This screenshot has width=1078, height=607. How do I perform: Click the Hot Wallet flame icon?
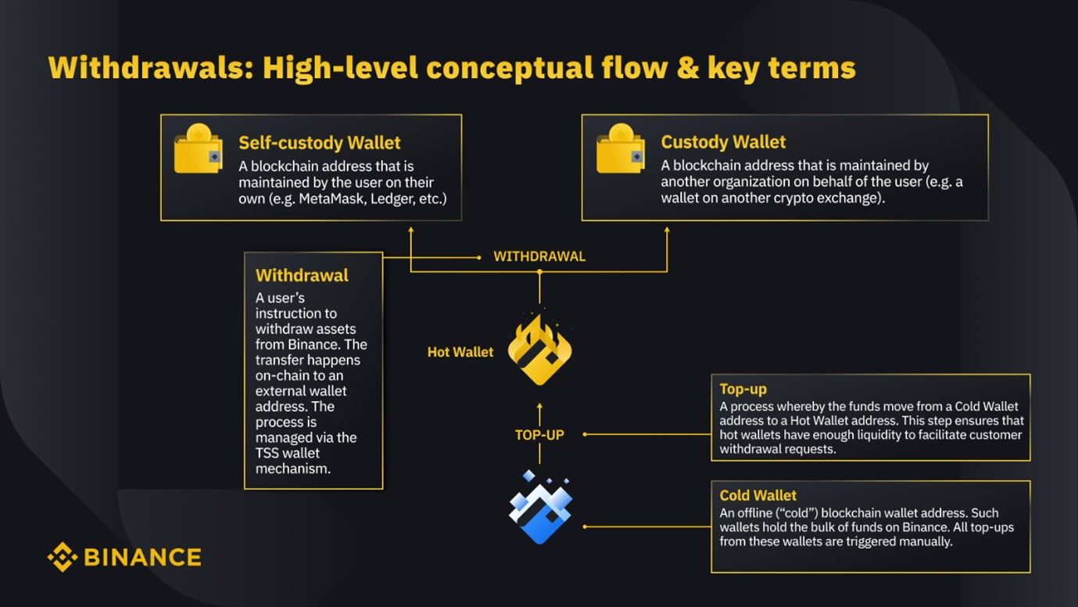point(539,350)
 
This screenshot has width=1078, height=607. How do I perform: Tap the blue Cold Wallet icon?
point(540,507)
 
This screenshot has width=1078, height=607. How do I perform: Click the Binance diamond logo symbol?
point(62,557)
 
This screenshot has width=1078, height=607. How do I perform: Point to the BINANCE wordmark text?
point(141,557)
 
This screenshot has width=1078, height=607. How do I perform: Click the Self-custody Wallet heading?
point(319,143)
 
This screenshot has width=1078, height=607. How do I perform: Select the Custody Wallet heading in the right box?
point(723,142)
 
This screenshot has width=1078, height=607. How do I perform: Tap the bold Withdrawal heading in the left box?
point(302,275)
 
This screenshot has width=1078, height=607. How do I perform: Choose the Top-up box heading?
point(743,389)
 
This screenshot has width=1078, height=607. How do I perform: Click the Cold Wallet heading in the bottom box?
point(757,495)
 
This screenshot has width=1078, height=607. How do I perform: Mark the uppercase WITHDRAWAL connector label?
point(539,257)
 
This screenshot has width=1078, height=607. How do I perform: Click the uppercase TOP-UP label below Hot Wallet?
point(539,435)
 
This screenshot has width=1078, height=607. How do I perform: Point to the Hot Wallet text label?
point(460,352)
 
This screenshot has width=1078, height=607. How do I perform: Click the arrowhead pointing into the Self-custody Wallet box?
point(411,232)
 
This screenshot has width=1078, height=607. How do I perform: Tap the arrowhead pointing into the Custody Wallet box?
point(667,232)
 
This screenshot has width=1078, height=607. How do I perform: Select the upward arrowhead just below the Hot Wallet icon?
point(539,408)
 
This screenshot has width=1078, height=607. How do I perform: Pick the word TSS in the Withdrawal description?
point(268,453)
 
